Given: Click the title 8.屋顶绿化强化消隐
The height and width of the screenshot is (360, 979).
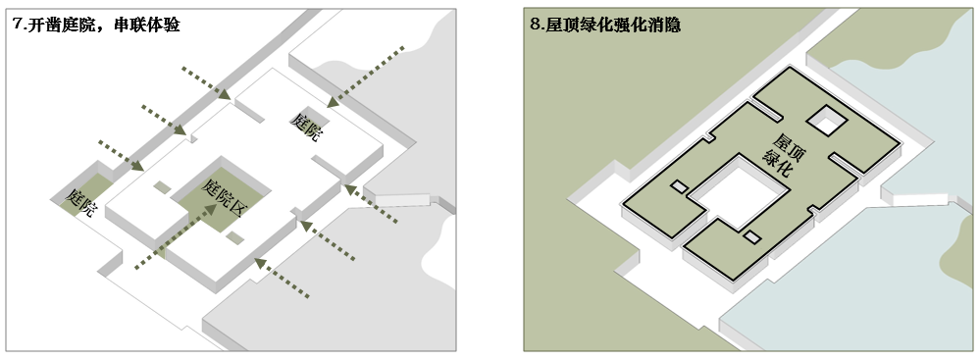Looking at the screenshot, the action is coord(604,25).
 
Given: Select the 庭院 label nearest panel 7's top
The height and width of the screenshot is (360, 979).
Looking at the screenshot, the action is coord(305,127).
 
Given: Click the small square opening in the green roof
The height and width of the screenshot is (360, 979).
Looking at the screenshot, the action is coord(826,122).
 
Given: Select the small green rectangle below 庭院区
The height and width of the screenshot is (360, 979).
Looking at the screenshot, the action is coord(234,237).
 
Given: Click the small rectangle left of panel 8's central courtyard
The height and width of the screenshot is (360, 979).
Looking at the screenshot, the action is coord(679,185).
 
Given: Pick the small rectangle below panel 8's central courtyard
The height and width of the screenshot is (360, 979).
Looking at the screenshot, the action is coord(752,236).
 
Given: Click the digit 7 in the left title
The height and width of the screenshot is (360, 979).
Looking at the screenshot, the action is coord(18,25).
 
